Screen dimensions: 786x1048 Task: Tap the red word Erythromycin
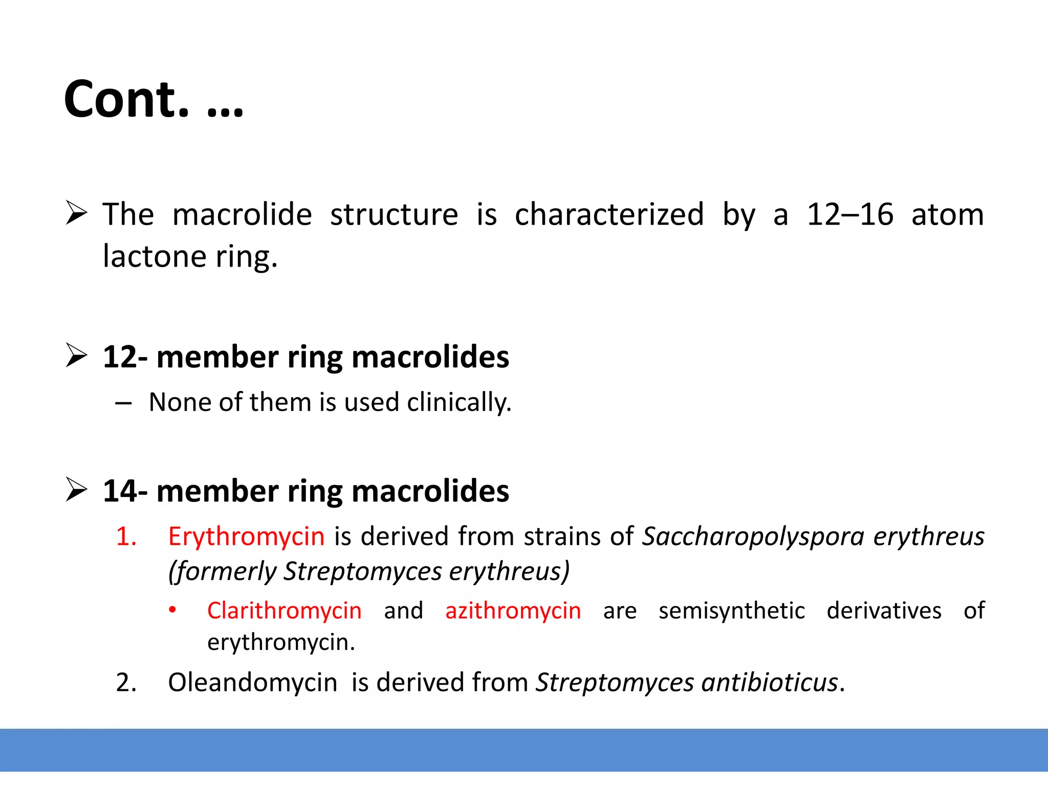(246, 537)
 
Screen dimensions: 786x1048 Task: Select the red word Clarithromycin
(284, 611)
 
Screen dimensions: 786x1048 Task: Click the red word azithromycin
(513, 611)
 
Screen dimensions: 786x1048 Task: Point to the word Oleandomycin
(252, 683)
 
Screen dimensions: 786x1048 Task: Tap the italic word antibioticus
(770, 683)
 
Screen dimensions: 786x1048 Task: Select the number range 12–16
(850, 214)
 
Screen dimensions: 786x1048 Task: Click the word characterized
(609, 214)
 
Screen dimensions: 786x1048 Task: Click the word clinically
(459, 403)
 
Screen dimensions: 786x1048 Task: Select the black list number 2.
(126, 683)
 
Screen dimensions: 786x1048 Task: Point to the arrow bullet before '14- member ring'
(77, 490)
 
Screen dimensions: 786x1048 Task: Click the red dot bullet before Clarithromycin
(173, 610)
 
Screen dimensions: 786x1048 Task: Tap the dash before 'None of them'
(123, 404)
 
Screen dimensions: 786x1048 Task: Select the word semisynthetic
(732, 611)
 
